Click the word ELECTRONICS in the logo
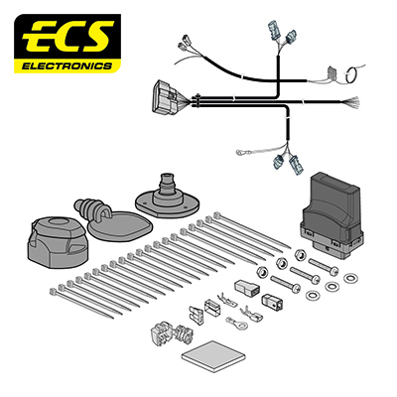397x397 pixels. pyautogui.click(x=66, y=66)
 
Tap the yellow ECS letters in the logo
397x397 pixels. pyautogui.click(x=67, y=37)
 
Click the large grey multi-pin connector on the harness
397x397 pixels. pyautogui.click(x=166, y=96)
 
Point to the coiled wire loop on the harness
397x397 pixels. pyautogui.click(x=350, y=74)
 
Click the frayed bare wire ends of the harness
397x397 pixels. pyautogui.click(x=350, y=102)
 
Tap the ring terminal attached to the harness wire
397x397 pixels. pyautogui.click(x=240, y=152)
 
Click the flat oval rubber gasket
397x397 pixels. pyautogui.click(x=121, y=226)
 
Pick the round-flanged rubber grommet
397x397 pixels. pyautogui.click(x=168, y=198)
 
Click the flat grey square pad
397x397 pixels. pyautogui.click(x=214, y=356)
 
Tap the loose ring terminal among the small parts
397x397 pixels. pyautogui.click(x=237, y=323)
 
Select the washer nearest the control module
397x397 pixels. pyautogui.click(x=349, y=278)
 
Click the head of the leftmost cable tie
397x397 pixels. pyautogui.click(x=53, y=292)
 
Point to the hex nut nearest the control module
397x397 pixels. pyautogui.click(x=300, y=254)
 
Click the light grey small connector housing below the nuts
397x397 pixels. pyautogui.click(x=245, y=287)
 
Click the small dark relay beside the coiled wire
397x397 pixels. pyautogui.click(x=331, y=74)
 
